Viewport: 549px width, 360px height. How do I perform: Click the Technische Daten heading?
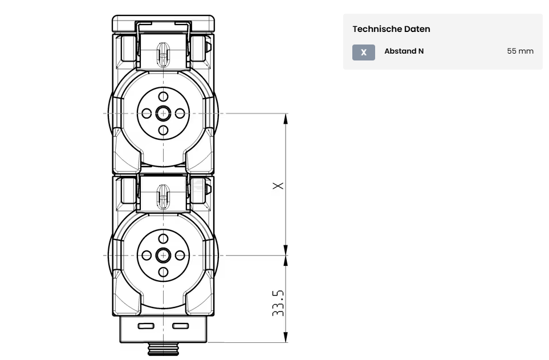pyautogui.click(x=391, y=29)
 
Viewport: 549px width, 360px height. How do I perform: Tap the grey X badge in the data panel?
pyautogui.click(x=363, y=52)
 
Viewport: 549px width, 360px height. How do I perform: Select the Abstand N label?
pyautogui.click(x=404, y=51)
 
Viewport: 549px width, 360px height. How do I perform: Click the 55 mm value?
pyautogui.click(x=520, y=51)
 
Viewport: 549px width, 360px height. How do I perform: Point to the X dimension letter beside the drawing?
pyautogui.click(x=278, y=185)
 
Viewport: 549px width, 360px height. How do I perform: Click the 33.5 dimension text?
pyautogui.click(x=278, y=303)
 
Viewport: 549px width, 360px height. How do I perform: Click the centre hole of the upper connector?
pyautogui.click(x=163, y=113)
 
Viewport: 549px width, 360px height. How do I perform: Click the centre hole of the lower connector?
pyautogui.click(x=163, y=255)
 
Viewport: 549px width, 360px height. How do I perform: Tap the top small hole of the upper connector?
pyautogui.click(x=163, y=96)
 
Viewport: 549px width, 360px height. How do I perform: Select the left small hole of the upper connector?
pyautogui.click(x=147, y=113)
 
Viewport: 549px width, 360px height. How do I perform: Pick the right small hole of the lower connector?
pyautogui.click(x=180, y=255)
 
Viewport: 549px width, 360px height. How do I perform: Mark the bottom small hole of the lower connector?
pyautogui.click(x=163, y=272)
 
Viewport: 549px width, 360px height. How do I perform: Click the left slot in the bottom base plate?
pyautogui.click(x=146, y=326)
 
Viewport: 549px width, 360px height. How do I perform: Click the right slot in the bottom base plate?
pyautogui.click(x=181, y=326)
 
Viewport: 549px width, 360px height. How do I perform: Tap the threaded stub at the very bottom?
pyautogui.click(x=163, y=349)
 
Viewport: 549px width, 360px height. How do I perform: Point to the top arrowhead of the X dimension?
pyautogui.click(x=286, y=119)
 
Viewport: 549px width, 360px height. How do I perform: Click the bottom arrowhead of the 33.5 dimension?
pyautogui.click(x=286, y=337)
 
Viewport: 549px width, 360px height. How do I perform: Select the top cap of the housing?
pyautogui.click(x=163, y=24)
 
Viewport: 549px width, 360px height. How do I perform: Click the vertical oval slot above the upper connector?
pyautogui.click(x=163, y=54)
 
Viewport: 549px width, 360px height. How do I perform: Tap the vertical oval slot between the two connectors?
pyautogui.click(x=163, y=196)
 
